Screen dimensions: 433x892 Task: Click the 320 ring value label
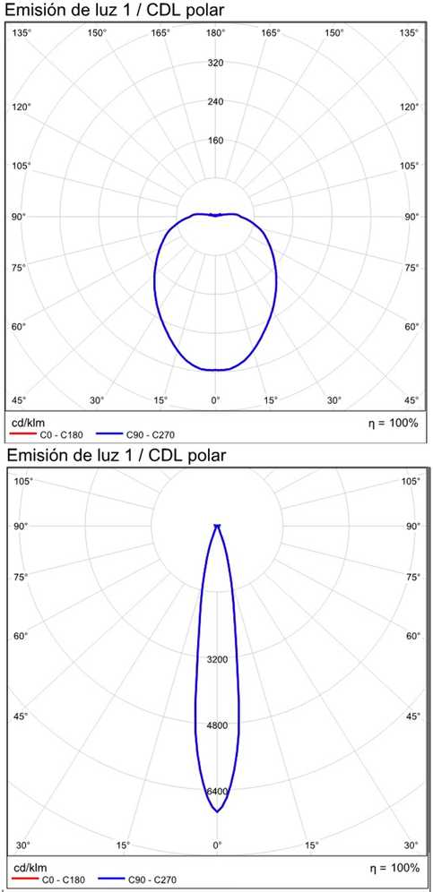click(215, 63)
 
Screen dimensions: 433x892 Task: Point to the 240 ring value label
click(215, 102)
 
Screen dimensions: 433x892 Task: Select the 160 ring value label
click(215, 141)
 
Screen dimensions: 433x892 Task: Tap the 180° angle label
click(215, 32)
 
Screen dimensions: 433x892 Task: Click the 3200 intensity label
click(217, 659)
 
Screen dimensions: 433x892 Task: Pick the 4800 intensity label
click(217, 725)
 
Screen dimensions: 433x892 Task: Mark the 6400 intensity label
click(217, 792)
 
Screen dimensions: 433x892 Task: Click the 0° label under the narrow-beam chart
click(217, 845)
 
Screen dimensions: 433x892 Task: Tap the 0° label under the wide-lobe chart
click(215, 400)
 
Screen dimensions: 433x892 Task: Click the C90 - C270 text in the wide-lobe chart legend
click(150, 435)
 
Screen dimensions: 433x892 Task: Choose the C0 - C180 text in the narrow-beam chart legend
click(64, 880)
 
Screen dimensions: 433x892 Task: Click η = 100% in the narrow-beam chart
click(394, 868)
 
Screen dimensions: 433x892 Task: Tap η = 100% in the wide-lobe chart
click(394, 423)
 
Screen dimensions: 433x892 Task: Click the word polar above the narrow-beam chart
click(204, 456)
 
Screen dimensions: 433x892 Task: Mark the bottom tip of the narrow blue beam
click(217, 811)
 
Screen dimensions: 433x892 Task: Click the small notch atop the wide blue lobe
click(215, 215)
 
